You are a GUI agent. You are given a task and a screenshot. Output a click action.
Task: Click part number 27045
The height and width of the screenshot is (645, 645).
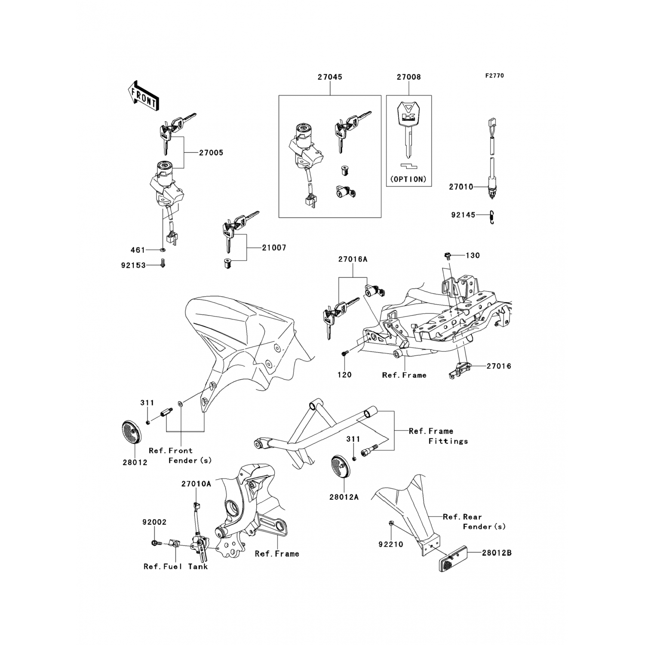[x=330, y=77]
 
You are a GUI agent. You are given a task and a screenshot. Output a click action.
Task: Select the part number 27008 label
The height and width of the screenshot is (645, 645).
[x=408, y=77]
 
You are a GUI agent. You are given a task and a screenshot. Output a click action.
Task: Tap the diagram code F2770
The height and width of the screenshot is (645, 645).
[x=494, y=76]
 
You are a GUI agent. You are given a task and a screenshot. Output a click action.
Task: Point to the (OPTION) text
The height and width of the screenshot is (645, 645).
[x=408, y=179]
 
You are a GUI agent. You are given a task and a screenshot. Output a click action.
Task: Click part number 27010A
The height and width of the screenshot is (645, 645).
[x=196, y=484]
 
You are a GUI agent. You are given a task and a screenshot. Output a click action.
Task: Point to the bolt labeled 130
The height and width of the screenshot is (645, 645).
[x=447, y=256]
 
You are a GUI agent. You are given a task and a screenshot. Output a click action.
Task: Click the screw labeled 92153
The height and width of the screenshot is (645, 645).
[x=163, y=263]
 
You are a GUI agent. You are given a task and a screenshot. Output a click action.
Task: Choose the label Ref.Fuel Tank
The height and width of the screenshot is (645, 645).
[x=175, y=566]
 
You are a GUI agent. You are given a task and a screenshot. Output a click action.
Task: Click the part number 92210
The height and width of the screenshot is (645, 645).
[x=390, y=544]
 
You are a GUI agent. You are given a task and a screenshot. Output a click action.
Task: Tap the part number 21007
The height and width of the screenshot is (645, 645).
[x=274, y=248]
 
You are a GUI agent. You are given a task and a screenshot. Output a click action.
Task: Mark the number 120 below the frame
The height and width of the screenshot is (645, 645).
[x=344, y=375]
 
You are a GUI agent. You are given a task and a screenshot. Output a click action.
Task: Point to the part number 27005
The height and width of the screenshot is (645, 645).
[x=211, y=153]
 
